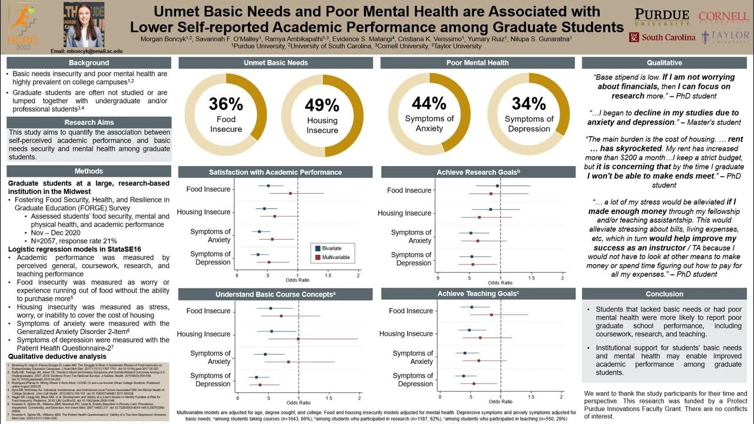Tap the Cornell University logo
point(723,18)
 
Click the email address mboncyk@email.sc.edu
point(87,51)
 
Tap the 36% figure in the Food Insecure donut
point(226,104)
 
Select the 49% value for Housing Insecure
point(322,105)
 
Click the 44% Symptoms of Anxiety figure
point(429,103)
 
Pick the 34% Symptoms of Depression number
point(529,103)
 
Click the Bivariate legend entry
point(332,248)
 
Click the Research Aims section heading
point(89,122)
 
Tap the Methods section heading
point(89,171)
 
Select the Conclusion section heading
point(664,294)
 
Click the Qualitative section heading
point(664,62)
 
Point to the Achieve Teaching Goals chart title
point(478,293)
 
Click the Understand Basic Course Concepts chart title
point(275,294)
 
